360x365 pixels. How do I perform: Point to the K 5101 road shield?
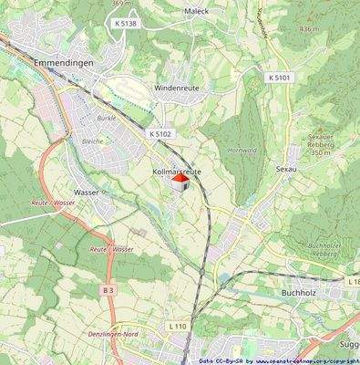click(x=280, y=78)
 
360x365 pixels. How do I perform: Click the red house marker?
click(x=180, y=183)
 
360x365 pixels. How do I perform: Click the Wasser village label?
click(x=87, y=193)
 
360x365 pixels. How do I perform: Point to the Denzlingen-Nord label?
click(x=124, y=335)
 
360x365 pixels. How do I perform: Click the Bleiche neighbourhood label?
click(x=92, y=141)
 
